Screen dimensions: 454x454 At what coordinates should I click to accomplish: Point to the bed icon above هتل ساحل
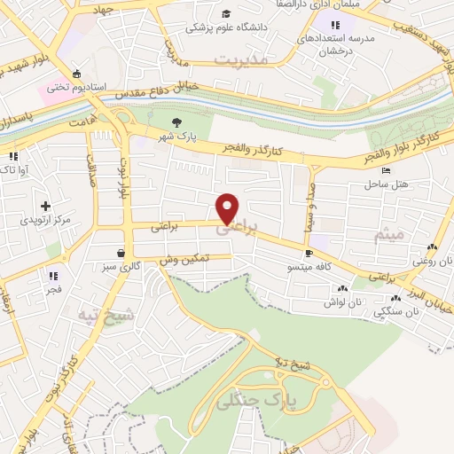385,170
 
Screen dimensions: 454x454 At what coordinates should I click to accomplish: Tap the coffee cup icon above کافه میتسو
309,253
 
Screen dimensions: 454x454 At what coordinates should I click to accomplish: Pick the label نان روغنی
432,262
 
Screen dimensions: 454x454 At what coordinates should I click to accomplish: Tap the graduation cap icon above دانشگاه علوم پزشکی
227,13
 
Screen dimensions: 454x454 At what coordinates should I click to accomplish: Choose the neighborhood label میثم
388,234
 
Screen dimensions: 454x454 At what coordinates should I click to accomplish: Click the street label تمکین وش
184,258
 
